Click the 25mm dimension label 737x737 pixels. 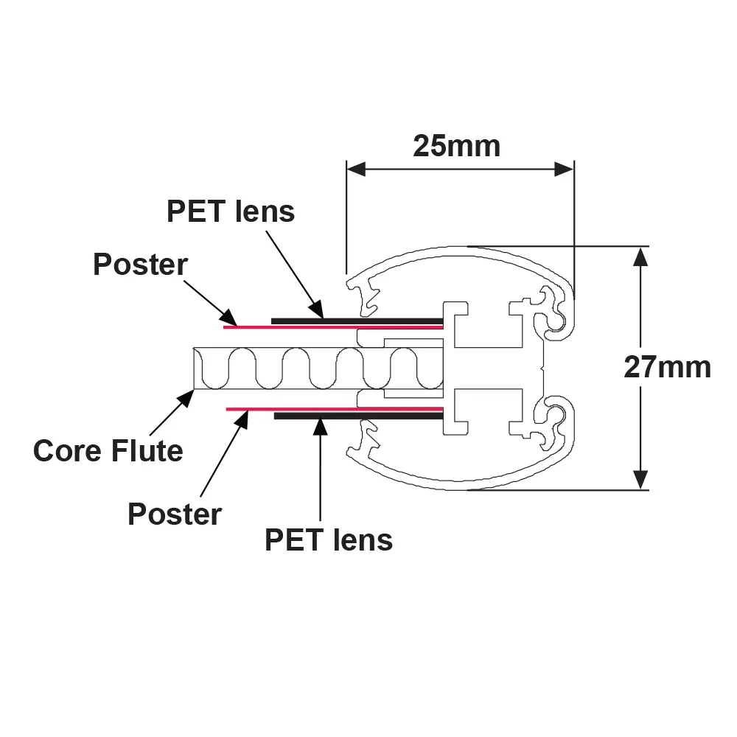pyautogui.click(x=456, y=146)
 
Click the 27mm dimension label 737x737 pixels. pyautogui.click(x=667, y=367)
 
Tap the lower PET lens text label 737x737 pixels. pyautogui.click(x=329, y=539)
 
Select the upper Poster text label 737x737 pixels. pyautogui.click(x=141, y=264)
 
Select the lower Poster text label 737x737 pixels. pyautogui.click(x=175, y=514)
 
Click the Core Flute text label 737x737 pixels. pyautogui.click(x=108, y=451)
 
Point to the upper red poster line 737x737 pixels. pyautogui.click(x=333, y=327)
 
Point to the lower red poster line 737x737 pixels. pyautogui.click(x=335, y=409)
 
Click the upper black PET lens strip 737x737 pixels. pyautogui.click(x=357, y=321)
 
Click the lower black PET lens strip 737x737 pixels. pyautogui.click(x=359, y=416)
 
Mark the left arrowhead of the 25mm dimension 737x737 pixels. pyautogui.click(x=356, y=170)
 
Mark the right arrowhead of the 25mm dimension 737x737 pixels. pyautogui.click(x=564, y=170)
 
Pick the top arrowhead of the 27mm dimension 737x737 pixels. pyautogui.click(x=640, y=256)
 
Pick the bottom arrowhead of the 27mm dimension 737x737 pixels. pyautogui.click(x=640, y=480)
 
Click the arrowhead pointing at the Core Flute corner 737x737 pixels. pyautogui.click(x=186, y=398)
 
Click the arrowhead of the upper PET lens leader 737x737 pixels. pyautogui.click(x=316, y=310)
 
